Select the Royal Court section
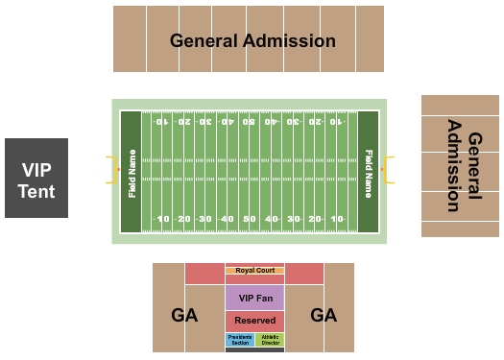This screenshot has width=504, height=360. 255,271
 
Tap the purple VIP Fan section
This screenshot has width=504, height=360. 255,298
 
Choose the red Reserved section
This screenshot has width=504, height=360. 255,321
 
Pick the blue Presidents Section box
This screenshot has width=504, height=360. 240,339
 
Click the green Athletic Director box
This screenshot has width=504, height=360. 270,339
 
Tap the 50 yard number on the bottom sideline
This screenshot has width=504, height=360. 250,220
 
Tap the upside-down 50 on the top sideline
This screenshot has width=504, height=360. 250,123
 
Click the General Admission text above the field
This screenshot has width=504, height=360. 252,40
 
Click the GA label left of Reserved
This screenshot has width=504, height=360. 185,315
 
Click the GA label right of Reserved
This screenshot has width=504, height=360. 324,315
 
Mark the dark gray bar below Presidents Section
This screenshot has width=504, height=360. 255,349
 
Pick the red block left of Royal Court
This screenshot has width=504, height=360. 204,274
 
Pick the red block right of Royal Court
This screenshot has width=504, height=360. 304,274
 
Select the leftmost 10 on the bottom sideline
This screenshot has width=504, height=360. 163,220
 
